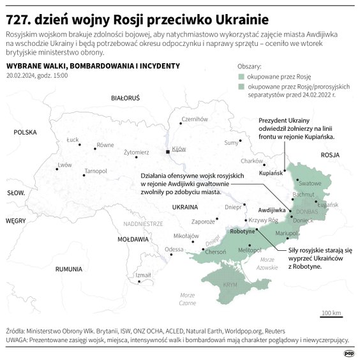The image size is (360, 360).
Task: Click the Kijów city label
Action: click(x=179, y=148)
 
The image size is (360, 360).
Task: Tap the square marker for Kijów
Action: click(x=168, y=152)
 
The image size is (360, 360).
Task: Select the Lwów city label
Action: click(x=64, y=165)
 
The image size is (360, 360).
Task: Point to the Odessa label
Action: click(x=174, y=249)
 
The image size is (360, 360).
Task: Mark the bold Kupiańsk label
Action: click(x=271, y=173)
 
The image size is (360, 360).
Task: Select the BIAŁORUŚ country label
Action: click(x=124, y=99)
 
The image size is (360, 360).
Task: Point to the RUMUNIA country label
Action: click(x=69, y=269)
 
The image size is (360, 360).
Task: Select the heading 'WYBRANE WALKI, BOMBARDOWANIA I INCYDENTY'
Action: click(x=93, y=66)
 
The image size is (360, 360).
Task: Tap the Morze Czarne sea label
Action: click(x=187, y=299)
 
